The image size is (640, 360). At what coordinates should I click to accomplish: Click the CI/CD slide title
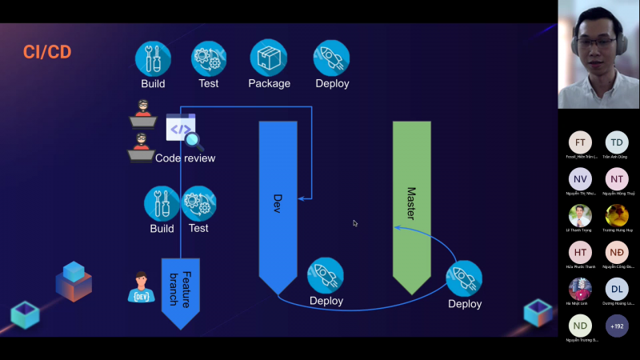[x=47, y=53]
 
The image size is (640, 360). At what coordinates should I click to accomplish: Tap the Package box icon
[x=268, y=58]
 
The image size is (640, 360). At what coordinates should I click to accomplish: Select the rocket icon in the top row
[x=331, y=58]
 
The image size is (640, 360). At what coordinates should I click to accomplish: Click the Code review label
[x=185, y=158]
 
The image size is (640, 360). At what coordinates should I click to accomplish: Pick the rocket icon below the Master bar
[x=464, y=278]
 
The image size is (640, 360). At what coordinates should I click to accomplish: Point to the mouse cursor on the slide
[x=355, y=223]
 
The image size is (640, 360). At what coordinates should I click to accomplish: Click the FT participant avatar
[x=580, y=142]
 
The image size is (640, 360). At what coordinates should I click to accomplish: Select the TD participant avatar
[x=617, y=142]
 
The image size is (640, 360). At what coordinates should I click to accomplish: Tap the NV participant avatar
[x=580, y=179]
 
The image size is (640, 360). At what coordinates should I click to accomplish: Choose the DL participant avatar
[x=617, y=290]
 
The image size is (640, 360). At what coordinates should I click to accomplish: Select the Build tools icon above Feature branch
[x=162, y=203]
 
